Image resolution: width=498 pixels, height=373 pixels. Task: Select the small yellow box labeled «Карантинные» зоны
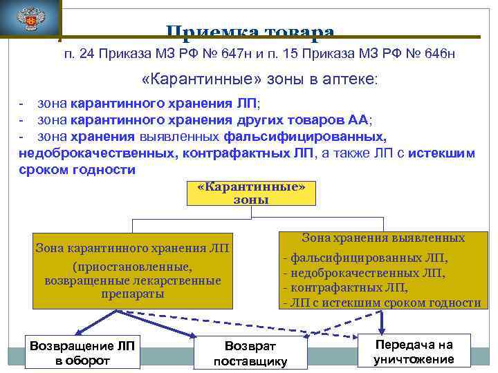251,193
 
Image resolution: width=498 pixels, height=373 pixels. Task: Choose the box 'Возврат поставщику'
250,352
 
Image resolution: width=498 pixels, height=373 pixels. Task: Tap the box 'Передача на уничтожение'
414,352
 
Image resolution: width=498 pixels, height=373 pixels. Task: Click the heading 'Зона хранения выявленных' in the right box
383,238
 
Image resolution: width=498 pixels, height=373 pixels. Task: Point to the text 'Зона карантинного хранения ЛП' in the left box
133,248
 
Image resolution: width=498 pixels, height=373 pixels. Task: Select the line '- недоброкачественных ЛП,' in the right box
364,273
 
